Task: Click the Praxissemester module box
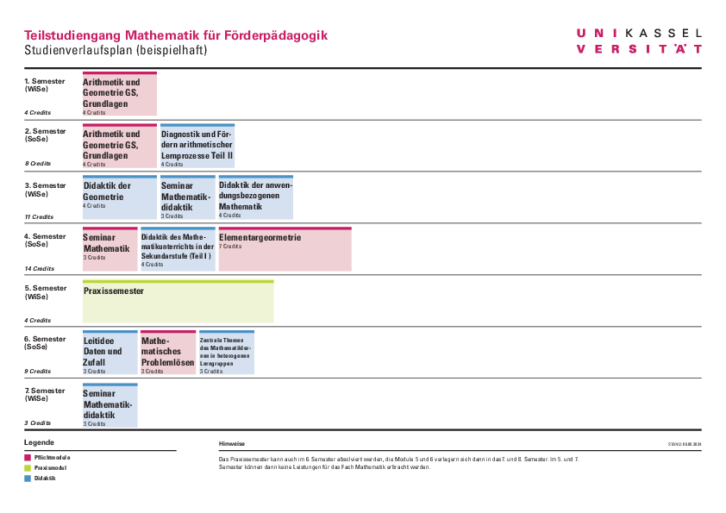178,302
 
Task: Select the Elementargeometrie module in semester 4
285,249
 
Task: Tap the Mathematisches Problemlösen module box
168,353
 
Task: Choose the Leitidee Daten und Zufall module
110,353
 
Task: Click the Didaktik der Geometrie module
119,197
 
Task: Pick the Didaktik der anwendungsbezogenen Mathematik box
255,197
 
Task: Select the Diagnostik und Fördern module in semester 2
197,146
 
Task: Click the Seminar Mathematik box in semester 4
110,249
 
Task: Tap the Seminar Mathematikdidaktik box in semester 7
110,405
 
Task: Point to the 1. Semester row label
45,84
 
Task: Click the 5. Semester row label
45,292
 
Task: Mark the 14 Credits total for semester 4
39,269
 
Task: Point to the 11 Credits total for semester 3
39,217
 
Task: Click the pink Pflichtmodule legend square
27,457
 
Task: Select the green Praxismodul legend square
27,467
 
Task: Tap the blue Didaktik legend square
27,478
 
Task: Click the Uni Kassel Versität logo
639,41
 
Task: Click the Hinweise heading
232,443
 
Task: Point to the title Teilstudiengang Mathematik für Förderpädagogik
176,35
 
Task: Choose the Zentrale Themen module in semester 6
226,353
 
